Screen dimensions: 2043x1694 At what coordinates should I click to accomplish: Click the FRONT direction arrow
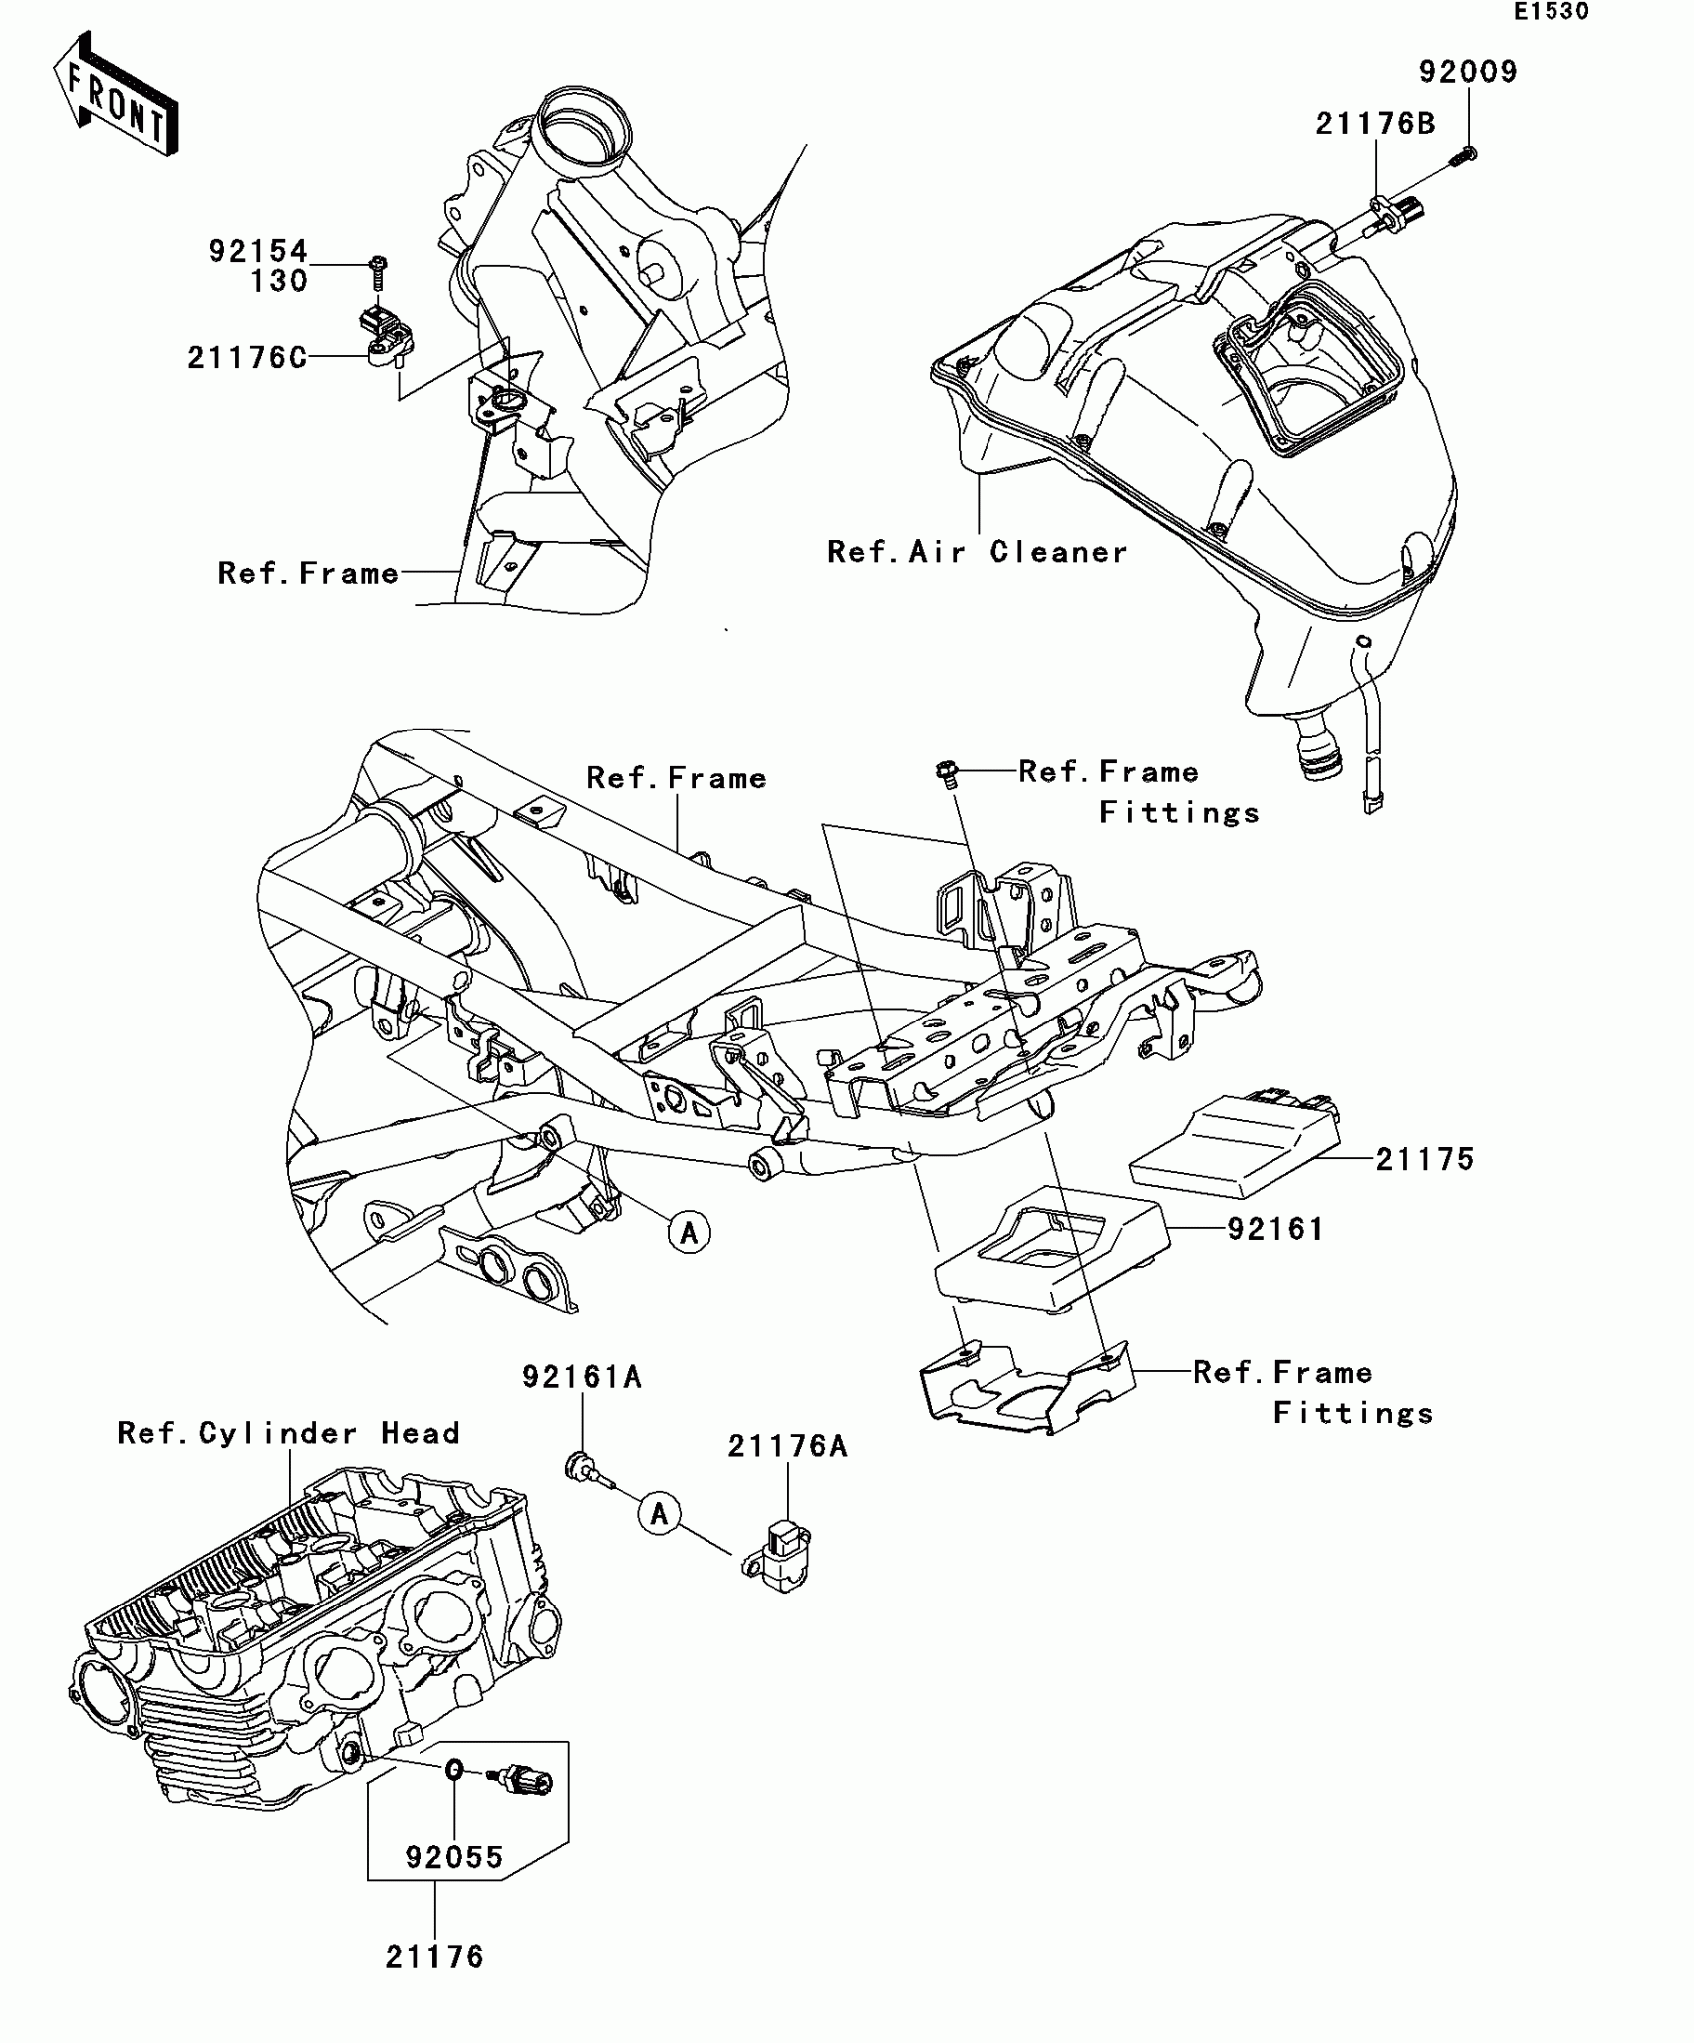point(116,95)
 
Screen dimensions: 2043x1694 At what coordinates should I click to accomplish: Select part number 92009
point(1468,72)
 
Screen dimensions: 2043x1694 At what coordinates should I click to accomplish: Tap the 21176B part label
point(1375,124)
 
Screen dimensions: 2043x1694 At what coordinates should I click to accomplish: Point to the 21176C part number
point(247,358)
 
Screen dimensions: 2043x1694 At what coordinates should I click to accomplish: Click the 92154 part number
point(258,251)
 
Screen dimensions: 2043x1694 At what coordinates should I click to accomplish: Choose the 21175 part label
point(1424,1159)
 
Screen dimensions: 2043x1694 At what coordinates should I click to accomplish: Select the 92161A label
point(582,1377)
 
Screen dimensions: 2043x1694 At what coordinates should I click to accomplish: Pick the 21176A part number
point(787,1446)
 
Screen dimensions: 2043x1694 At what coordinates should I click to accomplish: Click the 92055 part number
point(454,1857)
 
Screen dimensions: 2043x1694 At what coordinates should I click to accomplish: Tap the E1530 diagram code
point(1552,12)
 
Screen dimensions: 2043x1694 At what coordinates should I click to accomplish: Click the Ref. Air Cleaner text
point(977,552)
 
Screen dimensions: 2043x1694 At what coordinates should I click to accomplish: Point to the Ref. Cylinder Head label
point(289,1433)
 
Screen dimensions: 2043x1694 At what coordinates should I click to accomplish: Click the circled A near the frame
point(689,1233)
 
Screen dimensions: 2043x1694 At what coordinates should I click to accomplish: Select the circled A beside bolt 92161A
point(659,1515)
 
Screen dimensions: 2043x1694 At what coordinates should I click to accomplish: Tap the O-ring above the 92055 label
point(453,1769)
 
